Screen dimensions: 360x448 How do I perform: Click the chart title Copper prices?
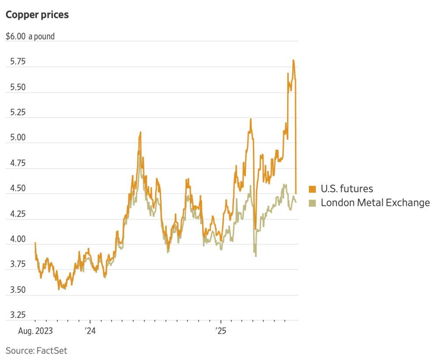click(37, 14)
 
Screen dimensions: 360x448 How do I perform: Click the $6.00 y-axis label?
click(16, 36)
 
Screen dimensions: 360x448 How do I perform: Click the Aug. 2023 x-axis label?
click(35, 331)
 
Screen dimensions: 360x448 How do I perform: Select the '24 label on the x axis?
click(90, 331)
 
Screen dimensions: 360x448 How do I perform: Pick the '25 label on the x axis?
click(221, 331)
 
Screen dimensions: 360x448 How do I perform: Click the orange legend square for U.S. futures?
click(312, 189)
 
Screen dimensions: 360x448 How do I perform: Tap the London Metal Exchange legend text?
click(375, 203)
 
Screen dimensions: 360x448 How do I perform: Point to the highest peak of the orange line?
click(294, 60)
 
